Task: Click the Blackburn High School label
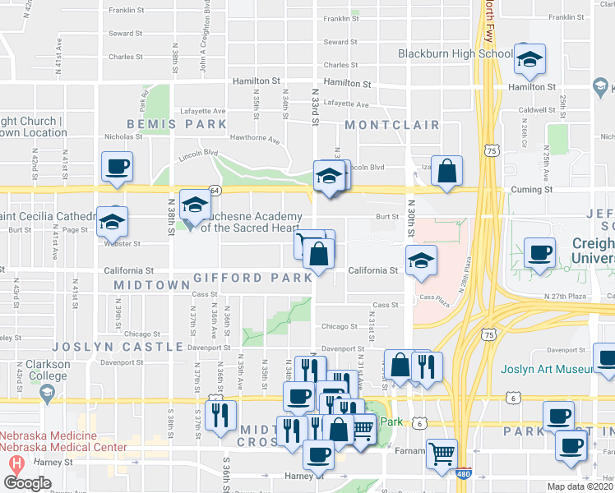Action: (455, 54)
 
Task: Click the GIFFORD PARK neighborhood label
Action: (252, 279)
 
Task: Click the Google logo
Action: (27, 483)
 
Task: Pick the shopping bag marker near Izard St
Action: (446, 172)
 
